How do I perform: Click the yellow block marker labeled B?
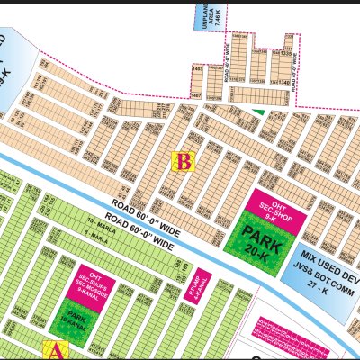184,162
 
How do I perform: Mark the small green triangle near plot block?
259,112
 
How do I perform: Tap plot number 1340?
285,84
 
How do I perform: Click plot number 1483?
198,69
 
